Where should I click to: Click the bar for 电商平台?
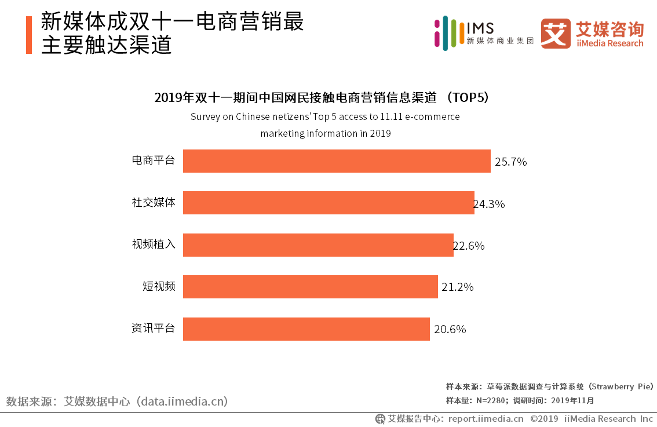click(337, 161)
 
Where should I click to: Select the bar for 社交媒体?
click(329, 203)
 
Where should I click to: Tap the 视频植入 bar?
click(318, 245)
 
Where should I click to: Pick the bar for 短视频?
click(310, 287)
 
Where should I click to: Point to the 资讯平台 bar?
click(306, 329)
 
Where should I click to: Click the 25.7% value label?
click(510, 162)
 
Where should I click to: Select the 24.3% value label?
click(490, 204)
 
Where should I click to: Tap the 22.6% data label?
click(469, 246)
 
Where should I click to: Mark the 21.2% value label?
click(458, 287)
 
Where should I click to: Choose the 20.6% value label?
click(450, 330)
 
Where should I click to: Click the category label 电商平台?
click(153, 160)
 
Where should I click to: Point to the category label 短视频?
click(159, 286)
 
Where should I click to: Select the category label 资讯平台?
click(153, 329)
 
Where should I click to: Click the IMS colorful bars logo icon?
click(446, 32)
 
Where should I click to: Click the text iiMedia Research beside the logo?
click(609, 43)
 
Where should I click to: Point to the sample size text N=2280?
click(475, 400)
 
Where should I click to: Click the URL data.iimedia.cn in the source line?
click(183, 401)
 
